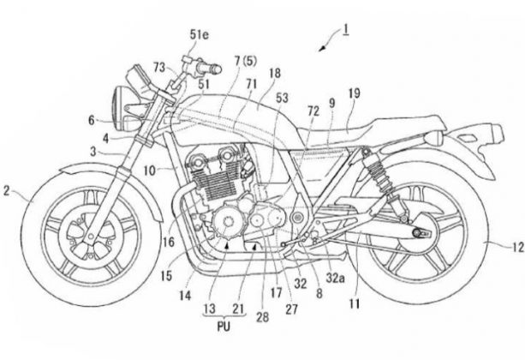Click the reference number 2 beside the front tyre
7,195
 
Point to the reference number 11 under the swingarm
353,302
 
